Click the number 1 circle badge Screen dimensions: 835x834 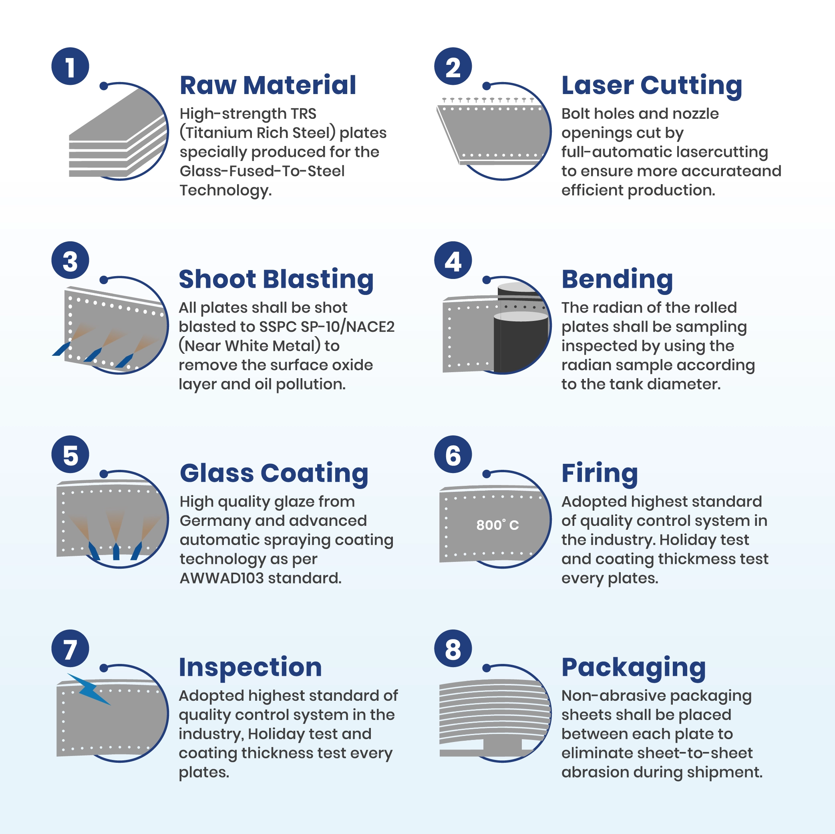pyautogui.click(x=70, y=66)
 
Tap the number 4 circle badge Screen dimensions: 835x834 pyautogui.click(x=453, y=260)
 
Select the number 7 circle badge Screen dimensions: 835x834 pyautogui.click(x=70, y=648)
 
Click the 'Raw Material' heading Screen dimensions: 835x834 pyautogui.click(x=268, y=85)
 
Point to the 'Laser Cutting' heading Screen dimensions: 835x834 pyautogui.click(x=652, y=86)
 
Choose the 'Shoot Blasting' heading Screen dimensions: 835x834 pyautogui.click(x=276, y=280)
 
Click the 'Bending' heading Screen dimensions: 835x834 pyautogui.click(x=617, y=280)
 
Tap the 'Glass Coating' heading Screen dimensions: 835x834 pyautogui.click(x=274, y=474)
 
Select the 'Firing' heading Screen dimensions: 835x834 pyautogui.click(x=600, y=474)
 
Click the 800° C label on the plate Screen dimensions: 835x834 pyautogui.click(x=497, y=525)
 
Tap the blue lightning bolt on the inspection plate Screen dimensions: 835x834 pyautogui.click(x=89, y=689)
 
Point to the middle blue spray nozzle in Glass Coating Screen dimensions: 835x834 pyautogui.click(x=116, y=551)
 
